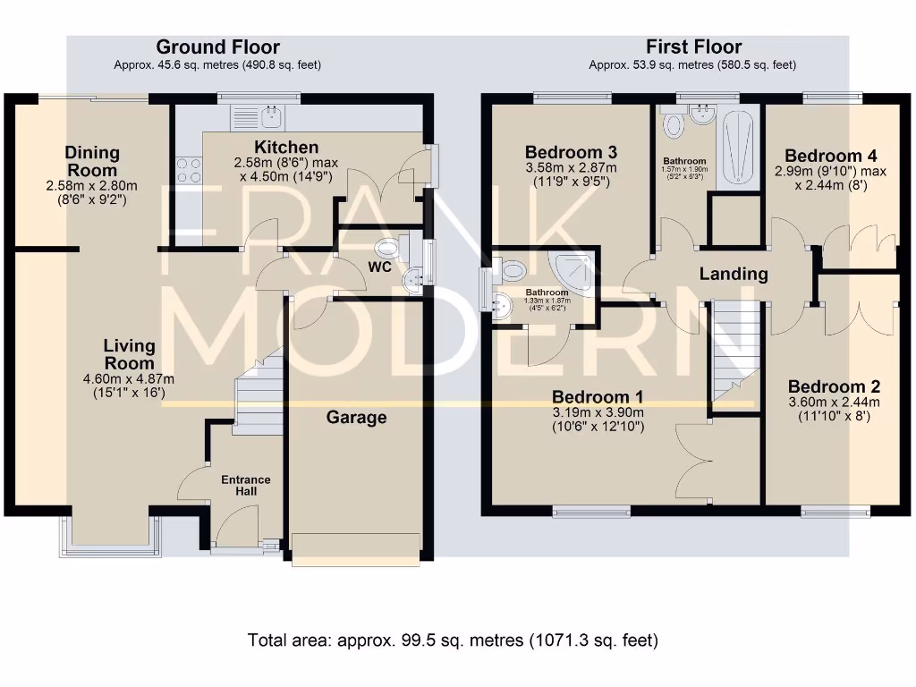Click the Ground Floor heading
pyautogui.click(x=217, y=47)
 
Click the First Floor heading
pyautogui.click(x=693, y=47)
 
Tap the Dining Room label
pyautogui.click(x=91, y=162)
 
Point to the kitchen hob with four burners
pyautogui.click(x=189, y=170)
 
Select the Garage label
pyautogui.click(x=356, y=417)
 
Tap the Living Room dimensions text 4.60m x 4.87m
pyautogui.click(x=130, y=379)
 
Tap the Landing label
pyautogui.click(x=734, y=274)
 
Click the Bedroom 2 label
pyautogui.click(x=834, y=386)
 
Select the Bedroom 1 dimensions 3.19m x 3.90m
pyautogui.click(x=598, y=412)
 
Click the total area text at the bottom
pyautogui.click(x=452, y=640)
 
